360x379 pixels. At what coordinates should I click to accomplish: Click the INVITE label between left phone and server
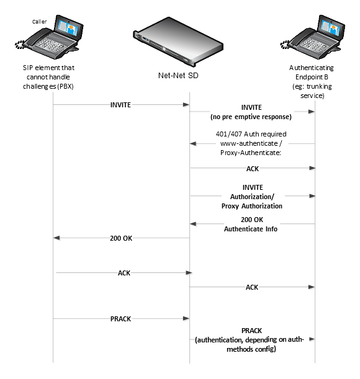(120, 105)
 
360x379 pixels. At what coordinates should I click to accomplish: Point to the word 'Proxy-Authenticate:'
(252, 153)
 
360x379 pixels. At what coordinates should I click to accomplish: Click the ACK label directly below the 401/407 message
(253, 168)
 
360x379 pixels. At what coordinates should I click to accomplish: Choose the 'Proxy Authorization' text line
(252, 205)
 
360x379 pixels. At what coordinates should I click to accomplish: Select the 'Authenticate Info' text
(252, 229)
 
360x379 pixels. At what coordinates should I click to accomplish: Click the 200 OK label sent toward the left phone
(121, 238)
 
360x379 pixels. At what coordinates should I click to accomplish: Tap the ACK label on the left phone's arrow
(124, 273)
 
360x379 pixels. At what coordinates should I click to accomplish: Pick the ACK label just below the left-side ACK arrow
(252, 287)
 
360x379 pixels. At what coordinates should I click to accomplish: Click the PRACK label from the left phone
(121, 319)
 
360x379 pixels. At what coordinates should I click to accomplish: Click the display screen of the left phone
(69, 26)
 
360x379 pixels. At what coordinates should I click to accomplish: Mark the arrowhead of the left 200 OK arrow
(58, 238)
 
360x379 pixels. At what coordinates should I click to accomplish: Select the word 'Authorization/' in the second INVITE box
(252, 196)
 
